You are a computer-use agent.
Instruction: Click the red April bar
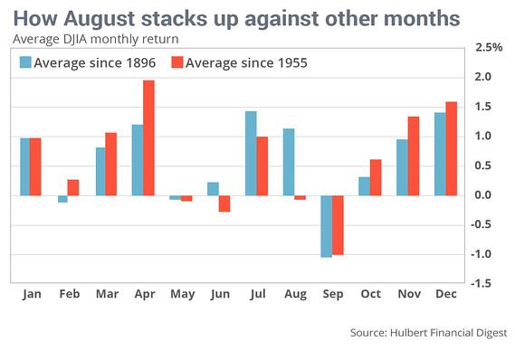148,137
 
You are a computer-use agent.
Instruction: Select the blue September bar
325,226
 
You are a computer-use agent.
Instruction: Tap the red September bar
338,225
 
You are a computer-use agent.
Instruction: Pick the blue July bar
251,153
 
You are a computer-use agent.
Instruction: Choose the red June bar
224,204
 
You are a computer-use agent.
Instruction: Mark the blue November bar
400,167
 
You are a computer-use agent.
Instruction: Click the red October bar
375,177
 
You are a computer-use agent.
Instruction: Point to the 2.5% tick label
488,47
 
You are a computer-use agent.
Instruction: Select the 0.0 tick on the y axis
482,195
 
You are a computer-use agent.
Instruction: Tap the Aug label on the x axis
294,295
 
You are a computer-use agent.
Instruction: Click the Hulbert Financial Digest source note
429,334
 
